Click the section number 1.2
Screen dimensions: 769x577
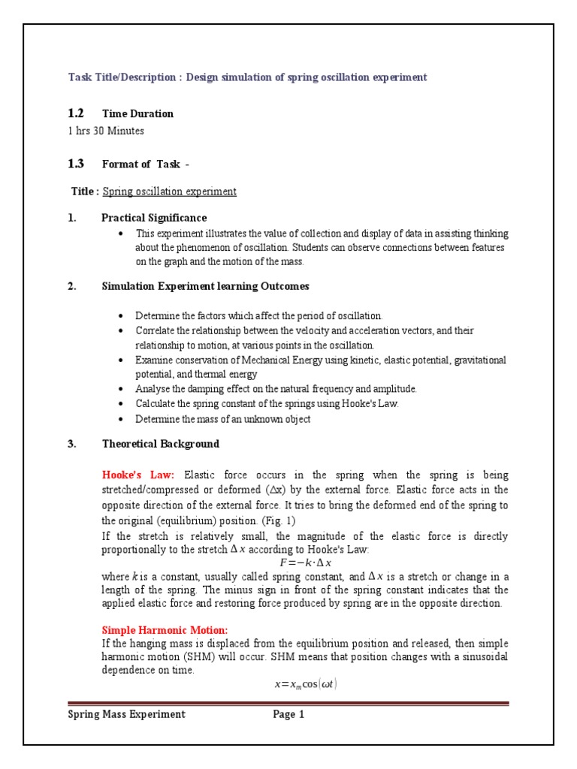click(x=76, y=113)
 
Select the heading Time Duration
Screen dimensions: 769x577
click(x=137, y=114)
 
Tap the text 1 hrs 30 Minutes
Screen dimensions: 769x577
click(x=106, y=131)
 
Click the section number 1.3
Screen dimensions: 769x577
click(x=76, y=164)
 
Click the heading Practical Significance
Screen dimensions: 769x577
click(x=154, y=218)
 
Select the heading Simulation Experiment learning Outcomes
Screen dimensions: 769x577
click(x=205, y=286)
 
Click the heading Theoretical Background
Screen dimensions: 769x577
click(x=161, y=444)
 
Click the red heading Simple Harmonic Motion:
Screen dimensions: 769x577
click(x=165, y=629)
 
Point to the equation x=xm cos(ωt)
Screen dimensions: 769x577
click(x=301, y=684)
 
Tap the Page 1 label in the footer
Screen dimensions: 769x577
click(x=288, y=715)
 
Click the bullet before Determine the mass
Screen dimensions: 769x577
click(x=122, y=420)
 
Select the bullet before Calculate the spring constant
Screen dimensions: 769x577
click(x=122, y=404)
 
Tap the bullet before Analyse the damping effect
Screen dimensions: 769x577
click(x=122, y=389)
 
